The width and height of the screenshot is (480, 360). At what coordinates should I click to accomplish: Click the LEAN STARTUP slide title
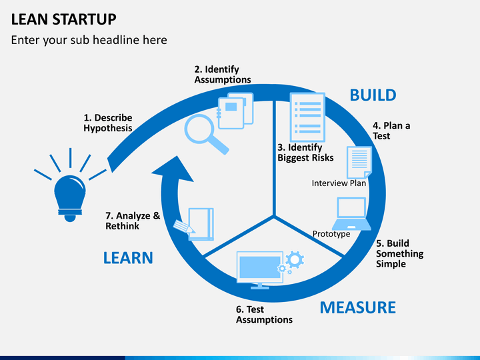63,18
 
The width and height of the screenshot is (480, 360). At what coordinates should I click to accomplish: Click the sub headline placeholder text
89,40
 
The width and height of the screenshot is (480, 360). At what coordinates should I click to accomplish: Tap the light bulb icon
69,195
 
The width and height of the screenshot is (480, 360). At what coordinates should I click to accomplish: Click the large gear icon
295,259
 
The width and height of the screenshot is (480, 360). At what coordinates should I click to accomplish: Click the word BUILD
373,95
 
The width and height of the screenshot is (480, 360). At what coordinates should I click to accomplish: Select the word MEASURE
357,307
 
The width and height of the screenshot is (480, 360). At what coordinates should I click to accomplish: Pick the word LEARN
128,257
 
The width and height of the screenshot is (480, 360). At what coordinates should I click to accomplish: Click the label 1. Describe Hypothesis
108,123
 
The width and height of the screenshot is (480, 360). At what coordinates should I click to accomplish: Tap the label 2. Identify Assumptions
223,75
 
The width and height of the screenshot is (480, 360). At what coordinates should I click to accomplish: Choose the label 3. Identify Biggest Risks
305,153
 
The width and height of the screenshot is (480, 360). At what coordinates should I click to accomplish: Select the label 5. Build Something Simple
399,253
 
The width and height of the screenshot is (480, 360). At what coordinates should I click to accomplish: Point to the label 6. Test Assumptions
264,315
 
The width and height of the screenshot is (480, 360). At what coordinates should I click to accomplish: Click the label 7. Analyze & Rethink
133,221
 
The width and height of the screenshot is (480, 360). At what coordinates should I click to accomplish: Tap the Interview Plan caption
339,183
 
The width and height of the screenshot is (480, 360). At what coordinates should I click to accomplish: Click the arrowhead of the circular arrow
171,169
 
